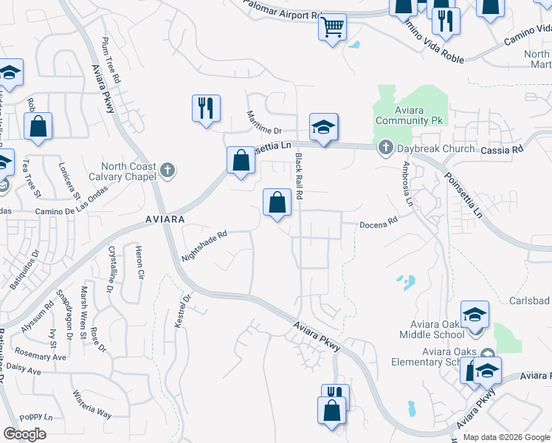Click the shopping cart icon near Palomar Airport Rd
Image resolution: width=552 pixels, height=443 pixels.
point(333,28)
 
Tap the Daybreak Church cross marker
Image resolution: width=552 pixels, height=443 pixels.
point(384,148)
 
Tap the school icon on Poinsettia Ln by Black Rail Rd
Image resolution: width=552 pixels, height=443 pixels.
point(323,128)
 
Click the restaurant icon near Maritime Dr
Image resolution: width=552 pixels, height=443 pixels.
point(206,108)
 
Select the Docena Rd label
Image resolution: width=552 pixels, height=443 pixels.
point(379,220)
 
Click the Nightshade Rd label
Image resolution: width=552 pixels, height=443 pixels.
point(204,247)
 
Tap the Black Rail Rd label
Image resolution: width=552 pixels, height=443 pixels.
point(300,176)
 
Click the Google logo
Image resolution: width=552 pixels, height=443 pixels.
point(24,434)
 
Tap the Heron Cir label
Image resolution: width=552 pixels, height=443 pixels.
point(139,264)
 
